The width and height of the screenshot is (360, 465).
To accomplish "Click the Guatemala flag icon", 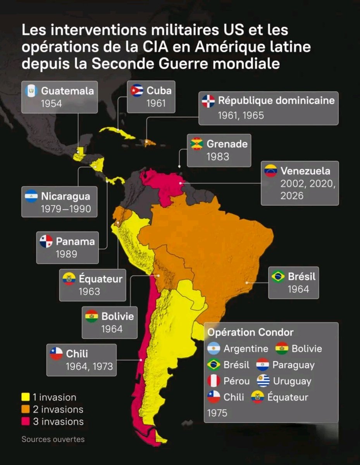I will (x=31, y=91).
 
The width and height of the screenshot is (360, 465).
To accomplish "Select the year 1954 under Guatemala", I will (x=52, y=104).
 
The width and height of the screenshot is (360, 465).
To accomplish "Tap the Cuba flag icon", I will (x=137, y=91).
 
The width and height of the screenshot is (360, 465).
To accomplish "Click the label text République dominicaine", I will (x=276, y=101).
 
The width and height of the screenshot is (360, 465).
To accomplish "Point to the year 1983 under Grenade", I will (x=218, y=157).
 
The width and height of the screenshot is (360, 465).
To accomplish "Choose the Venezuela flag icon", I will (x=270, y=171).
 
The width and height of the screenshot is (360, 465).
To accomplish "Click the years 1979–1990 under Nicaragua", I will (x=66, y=209).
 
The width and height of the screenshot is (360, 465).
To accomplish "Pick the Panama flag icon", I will (x=46, y=241).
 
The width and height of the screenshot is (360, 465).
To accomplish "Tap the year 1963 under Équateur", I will (x=89, y=291).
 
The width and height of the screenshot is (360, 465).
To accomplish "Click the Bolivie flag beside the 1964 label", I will (x=91, y=316).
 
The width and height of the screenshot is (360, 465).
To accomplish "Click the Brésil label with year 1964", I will (x=301, y=277).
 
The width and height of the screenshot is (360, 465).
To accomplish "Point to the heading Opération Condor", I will (x=250, y=332).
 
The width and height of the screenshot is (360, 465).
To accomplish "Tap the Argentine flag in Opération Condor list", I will (x=214, y=349).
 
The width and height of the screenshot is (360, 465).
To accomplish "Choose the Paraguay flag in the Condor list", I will (x=262, y=365).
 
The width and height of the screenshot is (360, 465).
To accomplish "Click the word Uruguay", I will (x=292, y=381).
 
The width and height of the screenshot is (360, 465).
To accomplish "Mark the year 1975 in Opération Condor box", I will (x=217, y=413).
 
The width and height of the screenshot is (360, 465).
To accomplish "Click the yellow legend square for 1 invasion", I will (x=26, y=397).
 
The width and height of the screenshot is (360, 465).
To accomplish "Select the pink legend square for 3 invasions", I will (x=26, y=422).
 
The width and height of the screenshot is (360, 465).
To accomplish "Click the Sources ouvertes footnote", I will (x=53, y=439).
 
